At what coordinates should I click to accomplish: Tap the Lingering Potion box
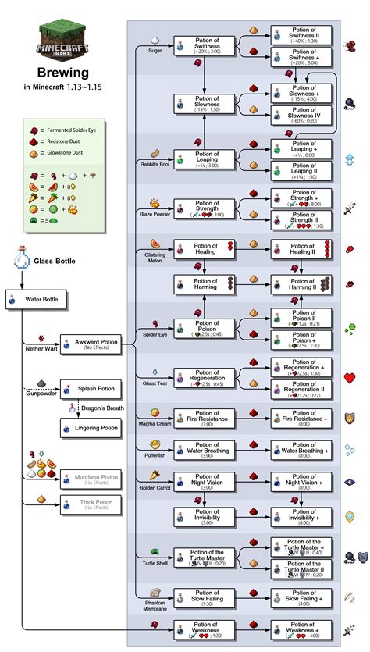91,427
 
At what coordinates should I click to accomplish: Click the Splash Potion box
91,389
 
